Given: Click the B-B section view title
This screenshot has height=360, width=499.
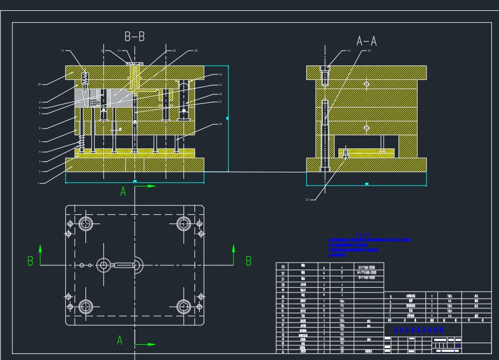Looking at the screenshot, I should [134, 37].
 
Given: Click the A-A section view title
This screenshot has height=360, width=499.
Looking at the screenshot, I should [366, 41].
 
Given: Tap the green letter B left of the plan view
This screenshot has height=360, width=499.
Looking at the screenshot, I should [30, 261].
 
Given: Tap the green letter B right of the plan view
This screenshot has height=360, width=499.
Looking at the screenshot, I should [249, 261].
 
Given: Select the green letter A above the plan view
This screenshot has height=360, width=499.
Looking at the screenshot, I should [123, 191].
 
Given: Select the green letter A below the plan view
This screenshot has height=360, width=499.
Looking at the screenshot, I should [120, 340].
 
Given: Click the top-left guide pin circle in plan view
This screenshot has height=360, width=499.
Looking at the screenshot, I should [85, 223].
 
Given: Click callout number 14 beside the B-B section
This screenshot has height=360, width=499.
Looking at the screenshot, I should [220, 75].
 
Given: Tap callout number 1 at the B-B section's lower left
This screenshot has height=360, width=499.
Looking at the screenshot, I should [38, 183].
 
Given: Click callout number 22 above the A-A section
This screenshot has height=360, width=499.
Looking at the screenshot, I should [368, 51].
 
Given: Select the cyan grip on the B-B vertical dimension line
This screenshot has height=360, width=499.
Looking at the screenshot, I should [227, 118].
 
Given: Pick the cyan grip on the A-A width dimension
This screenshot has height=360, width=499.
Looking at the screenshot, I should [366, 184].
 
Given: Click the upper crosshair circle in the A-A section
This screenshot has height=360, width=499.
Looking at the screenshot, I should [366, 84].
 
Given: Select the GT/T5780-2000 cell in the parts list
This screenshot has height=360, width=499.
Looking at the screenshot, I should [369, 272].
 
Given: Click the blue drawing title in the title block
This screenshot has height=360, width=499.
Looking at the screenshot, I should [418, 330].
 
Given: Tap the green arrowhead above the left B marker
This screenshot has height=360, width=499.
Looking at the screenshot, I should [40, 247].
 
